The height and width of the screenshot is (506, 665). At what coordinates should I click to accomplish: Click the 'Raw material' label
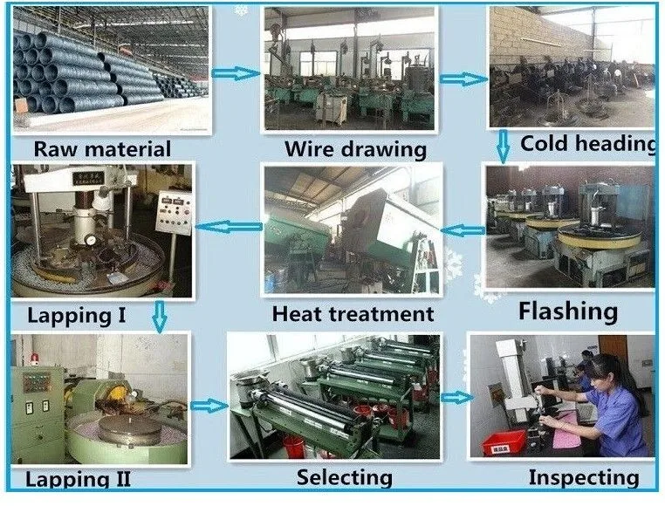102,147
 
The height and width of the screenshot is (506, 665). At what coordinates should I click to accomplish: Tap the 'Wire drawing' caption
355,149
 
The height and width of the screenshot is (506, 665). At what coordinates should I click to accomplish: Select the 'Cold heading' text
587,143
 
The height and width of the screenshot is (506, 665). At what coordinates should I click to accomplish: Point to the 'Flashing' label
567,310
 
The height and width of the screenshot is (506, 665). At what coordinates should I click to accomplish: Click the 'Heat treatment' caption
353,312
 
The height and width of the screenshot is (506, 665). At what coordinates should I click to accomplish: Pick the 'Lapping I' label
77,314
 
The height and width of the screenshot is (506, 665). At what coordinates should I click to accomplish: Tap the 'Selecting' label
344,477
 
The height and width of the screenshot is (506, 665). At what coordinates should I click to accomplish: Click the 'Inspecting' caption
583,477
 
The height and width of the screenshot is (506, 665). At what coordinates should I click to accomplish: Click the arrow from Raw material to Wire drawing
237,73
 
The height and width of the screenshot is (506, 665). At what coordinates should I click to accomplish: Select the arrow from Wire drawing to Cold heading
463,79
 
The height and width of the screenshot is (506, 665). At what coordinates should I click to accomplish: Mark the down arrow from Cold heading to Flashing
503,146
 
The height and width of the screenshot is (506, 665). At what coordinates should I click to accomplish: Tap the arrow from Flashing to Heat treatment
463,231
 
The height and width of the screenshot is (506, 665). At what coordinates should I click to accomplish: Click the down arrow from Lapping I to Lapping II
158,315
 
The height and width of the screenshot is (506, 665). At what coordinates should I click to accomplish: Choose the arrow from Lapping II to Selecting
208,405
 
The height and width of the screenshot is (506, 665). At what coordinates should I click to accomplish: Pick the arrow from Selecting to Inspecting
454,397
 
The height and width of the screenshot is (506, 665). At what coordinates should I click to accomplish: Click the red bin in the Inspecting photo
504,442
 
